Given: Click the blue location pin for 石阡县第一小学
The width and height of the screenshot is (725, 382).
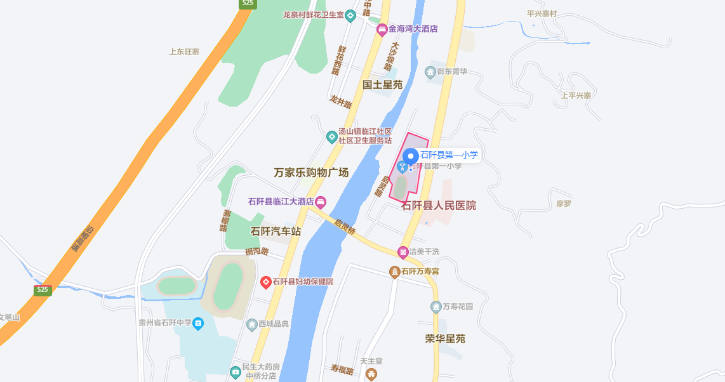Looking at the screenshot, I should click(x=411, y=155).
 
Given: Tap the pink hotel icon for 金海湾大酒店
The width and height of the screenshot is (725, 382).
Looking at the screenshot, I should click(x=382, y=29).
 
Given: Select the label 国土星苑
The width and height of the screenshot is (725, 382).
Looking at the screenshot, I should click(x=383, y=84).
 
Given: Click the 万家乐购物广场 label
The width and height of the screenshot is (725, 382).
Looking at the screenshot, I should click(x=311, y=173).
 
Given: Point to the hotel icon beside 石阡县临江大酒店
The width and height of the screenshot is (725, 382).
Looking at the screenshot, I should click(x=321, y=202).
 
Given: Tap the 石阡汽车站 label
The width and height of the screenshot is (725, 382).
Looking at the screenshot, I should click(x=276, y=232).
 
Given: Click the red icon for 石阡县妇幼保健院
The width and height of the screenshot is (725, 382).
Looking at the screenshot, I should click(x=266, y=282).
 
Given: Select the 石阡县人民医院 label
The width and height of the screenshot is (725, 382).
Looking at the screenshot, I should click(x=439, y=206).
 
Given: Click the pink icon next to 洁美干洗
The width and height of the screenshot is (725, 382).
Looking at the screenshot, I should click(x=402, y=252).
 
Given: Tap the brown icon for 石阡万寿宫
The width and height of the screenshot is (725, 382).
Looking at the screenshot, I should click(x=395, y=272).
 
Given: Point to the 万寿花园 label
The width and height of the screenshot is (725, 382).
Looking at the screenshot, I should click(x=458, y=307).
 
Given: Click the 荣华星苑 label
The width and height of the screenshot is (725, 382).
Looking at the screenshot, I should click(x=445, y=339).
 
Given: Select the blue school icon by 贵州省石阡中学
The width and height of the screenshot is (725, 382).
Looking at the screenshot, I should click(x=199, y=324).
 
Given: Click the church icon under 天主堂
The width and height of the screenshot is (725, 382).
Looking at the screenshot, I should click(x=371, y=374).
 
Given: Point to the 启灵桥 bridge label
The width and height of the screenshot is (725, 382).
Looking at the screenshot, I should click(x=345, y=227).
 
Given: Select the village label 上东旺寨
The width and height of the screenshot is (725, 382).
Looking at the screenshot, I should click(x=184, y=52).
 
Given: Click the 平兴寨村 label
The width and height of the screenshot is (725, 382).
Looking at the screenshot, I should click(x=542, y=13).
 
